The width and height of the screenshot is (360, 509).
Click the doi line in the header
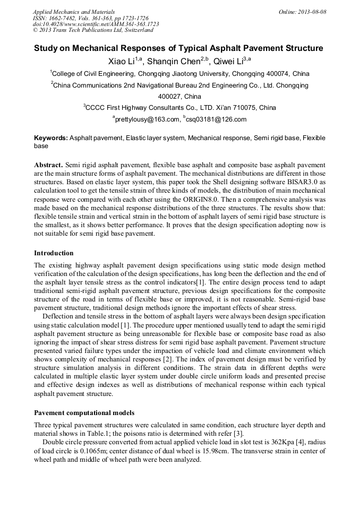click(96, 24)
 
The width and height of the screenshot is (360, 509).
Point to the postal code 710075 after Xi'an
click(241, 108)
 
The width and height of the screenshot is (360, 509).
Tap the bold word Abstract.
click(48, 166)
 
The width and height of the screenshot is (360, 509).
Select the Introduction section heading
click(54, 253)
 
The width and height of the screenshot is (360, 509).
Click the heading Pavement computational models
click(84, 412)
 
